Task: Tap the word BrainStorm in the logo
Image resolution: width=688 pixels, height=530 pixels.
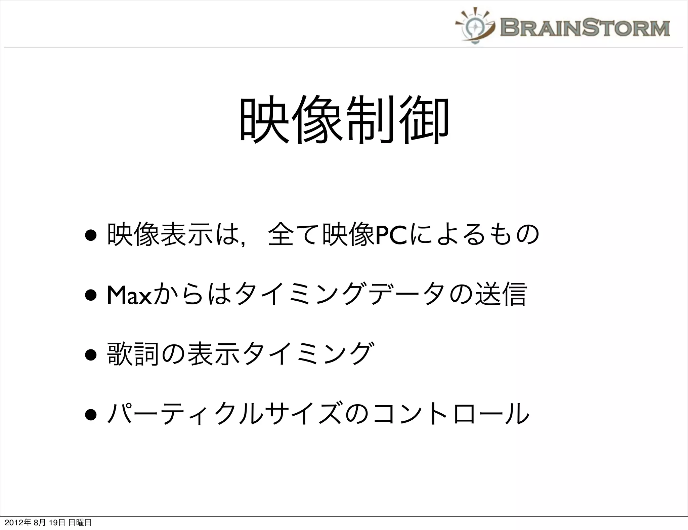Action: (585, 28)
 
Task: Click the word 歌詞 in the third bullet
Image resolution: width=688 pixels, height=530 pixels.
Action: (133, 354)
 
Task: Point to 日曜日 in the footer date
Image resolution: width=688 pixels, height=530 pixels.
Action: (80, 523)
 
